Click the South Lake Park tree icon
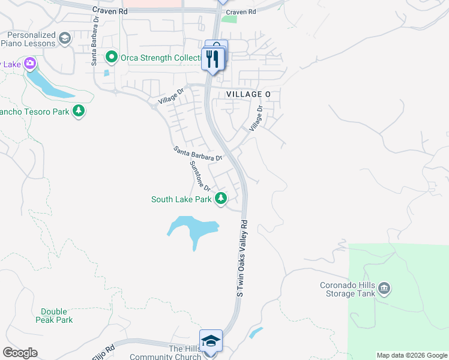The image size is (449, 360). pos(221,197)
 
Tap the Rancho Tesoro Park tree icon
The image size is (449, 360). pos(79,110)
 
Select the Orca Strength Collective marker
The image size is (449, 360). pos(111,58)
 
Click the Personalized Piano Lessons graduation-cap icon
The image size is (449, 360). pos(64,40)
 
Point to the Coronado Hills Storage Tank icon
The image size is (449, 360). pos(385,289)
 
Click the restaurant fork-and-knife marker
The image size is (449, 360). pos(214,59)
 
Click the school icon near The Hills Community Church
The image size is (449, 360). pos(211,341)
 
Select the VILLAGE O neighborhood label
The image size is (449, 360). pos(249,95)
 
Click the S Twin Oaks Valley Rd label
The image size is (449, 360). pos(242,258)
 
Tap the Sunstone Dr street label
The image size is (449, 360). pos(199,175)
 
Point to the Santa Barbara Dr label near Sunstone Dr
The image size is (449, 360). pos(198,153)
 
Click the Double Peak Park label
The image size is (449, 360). pos(57,316)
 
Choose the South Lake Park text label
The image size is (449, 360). pos(181,199)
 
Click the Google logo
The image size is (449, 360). pos(20,353)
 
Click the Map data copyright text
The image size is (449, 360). pos(411,355)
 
